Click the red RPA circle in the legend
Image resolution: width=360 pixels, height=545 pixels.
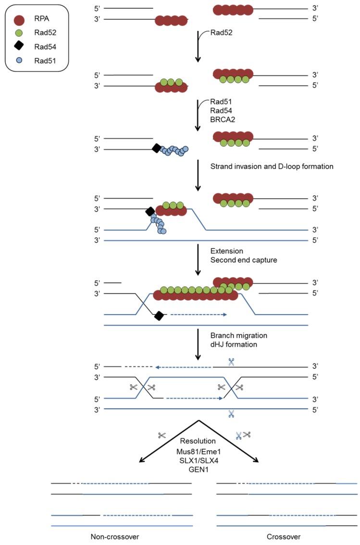click(x=19, y=20)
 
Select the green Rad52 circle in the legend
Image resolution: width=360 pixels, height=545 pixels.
click(x=19, y=34)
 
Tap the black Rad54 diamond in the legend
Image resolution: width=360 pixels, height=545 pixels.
click(x=19, y=47)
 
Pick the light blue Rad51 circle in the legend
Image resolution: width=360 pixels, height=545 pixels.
click(x=19, y=60)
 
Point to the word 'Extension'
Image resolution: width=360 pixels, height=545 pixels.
click(x=227, y=251)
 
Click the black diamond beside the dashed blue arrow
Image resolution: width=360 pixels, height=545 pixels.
click(x=159, y=316)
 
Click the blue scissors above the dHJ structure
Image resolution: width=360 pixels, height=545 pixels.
click(x=232, y=362)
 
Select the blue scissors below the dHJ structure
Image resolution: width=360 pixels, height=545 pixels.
click(x=232, y=413)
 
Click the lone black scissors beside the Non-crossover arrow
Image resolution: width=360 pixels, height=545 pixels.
click(x=161, y=435)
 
